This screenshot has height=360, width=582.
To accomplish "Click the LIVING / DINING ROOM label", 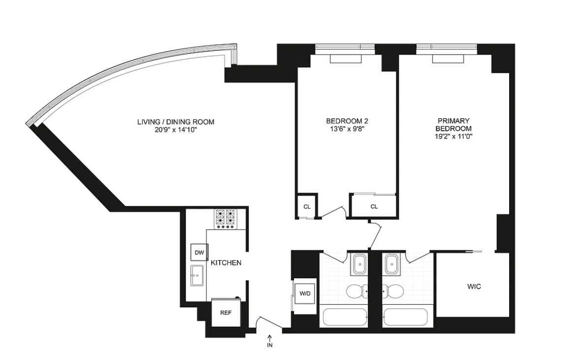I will click(x=176, y=122).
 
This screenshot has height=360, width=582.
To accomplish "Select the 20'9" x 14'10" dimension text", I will click(x=176, y=130).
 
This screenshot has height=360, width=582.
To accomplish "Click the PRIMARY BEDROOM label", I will click(x=454, y=125).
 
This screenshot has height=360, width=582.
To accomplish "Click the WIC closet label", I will click(x=474, y=286).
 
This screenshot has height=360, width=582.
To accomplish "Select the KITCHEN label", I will click(x=226, y=263).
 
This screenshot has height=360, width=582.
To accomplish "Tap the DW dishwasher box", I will click(x=199, y=253).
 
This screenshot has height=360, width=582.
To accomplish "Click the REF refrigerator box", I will click(x=226, y=312).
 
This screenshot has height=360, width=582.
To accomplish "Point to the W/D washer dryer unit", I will click(x=305, y=294).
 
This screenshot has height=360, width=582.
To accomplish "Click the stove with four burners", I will click(x=225, y=219).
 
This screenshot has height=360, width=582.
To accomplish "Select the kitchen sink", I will click(x=197, y=275).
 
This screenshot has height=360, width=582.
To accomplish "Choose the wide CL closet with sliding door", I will click(x=374, y=206).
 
